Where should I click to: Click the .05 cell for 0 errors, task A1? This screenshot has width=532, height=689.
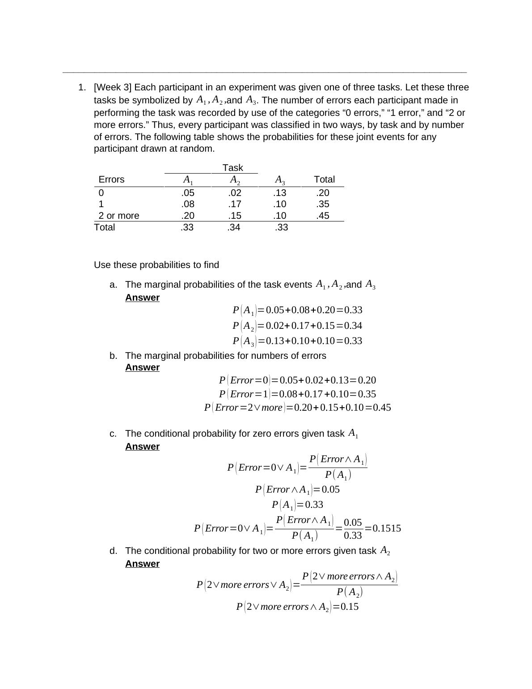[x=188, y=193]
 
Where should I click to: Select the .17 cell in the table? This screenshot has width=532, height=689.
[x=234, y=204]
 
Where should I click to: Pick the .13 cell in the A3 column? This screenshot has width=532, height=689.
[x=280, y=193]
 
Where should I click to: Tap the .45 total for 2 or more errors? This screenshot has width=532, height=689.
[x=322, y=216]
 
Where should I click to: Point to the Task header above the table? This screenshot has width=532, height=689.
[x=232, y=168]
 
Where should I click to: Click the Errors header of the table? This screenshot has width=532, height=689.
[x=111, y=179]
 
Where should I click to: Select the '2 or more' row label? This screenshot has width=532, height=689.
[x=119, y=216]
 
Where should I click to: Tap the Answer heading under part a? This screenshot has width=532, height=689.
[x=142, y=298]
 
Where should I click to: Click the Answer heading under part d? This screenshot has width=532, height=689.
[x=142, y=564]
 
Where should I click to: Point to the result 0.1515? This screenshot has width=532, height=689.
[x=387, y=528]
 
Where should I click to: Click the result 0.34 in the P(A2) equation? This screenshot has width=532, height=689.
[x=353, y=326]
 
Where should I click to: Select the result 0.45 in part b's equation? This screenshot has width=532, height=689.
[x=382, y=408]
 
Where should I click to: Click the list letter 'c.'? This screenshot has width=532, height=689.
[x=113, y=434]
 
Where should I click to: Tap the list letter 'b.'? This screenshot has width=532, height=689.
[x=113, y=356]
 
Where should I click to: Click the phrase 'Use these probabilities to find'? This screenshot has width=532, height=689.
[x=156, y=265]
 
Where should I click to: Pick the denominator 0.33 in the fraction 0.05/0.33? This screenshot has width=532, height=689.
[x=353, y=535]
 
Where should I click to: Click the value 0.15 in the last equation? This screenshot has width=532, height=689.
[x=350, y=607]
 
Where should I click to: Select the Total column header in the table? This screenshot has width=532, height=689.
[x=324, y=179]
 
